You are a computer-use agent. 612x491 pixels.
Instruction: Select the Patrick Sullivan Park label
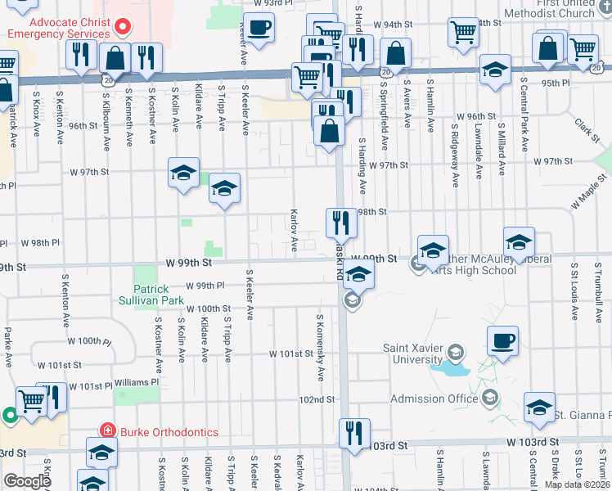point(152,295)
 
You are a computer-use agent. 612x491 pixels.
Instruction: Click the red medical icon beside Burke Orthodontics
point(106,430)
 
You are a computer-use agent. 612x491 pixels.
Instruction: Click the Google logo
point(27,480)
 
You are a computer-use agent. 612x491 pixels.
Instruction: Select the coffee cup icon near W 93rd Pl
point(259,28)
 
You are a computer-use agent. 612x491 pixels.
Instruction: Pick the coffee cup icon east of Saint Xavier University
point(502,340)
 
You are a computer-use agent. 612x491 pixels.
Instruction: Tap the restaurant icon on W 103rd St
point(354,433)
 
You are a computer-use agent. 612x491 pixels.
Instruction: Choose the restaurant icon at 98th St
point(341,222)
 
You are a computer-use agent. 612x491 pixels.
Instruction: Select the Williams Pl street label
point(136,382)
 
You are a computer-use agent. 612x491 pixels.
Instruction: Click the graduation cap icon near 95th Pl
point(495,70)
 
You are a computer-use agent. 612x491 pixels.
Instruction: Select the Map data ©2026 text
point(577,484)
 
